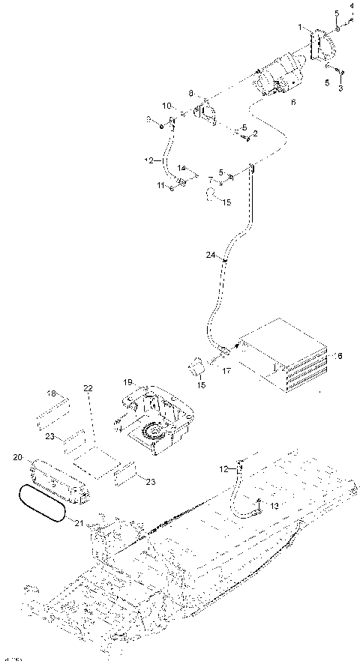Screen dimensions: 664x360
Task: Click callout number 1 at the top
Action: [x=301, y=27]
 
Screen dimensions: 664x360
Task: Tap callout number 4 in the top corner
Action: [x=351, y=7]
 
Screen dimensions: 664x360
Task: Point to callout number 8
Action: [x=190, y=94]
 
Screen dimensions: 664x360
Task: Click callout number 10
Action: [x=167, y=105]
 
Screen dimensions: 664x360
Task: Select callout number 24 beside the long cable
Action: [x=211, y=256]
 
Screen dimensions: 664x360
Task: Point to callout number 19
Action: [x=128, y=381]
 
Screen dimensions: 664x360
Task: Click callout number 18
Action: [x=52, y=393]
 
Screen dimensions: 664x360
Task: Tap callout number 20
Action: [x=18, y=456]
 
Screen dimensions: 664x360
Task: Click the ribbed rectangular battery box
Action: [x=283, y=357]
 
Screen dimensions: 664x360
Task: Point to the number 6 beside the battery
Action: [x=339, y=356]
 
